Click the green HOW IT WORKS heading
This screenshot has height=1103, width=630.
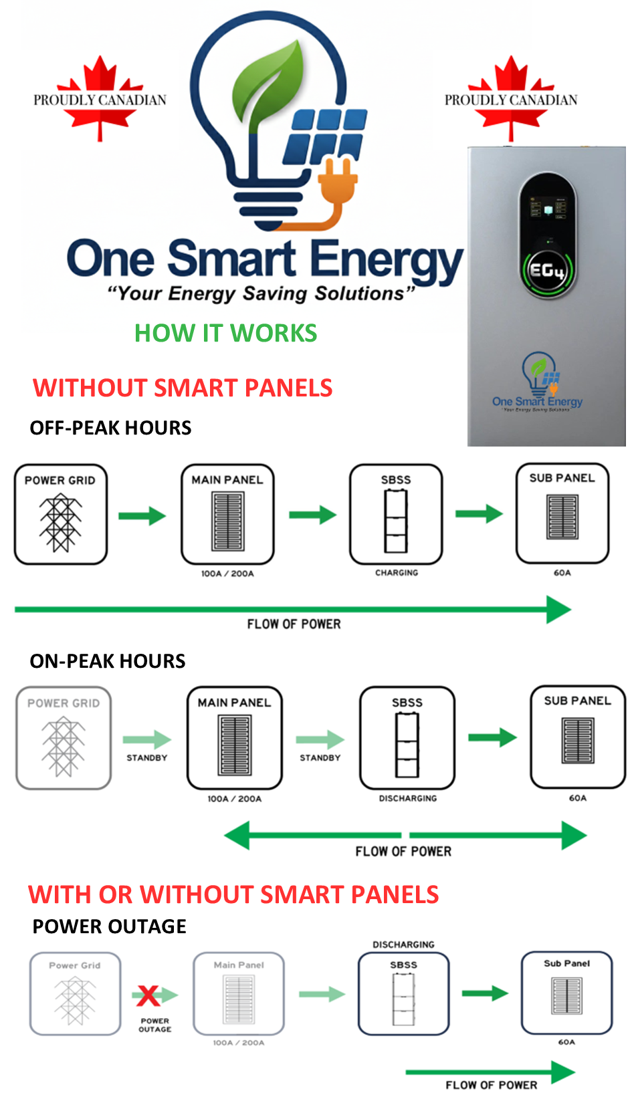[225, 333]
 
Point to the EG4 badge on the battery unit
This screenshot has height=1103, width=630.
[547, 271]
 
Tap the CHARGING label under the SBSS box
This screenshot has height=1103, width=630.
[397, 573]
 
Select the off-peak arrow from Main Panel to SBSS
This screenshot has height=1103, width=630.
[312, 515]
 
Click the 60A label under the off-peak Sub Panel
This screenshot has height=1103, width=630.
[562, 573]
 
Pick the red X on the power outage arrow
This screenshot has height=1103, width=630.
[148, 995]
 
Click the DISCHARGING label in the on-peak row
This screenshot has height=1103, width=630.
[408, 798]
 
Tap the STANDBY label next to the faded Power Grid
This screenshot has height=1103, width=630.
[147, 758]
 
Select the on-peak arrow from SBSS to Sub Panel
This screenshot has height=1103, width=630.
[492, 738]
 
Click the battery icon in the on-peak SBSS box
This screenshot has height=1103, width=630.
[407, 745]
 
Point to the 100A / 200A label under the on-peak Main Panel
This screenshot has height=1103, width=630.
[235, 799]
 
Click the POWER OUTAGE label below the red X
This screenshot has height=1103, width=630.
[155, 1025]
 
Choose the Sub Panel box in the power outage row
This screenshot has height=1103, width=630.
[566, 993]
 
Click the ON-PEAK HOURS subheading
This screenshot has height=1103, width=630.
[108, 661]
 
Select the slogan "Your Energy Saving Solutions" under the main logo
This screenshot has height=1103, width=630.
[261, 293]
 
